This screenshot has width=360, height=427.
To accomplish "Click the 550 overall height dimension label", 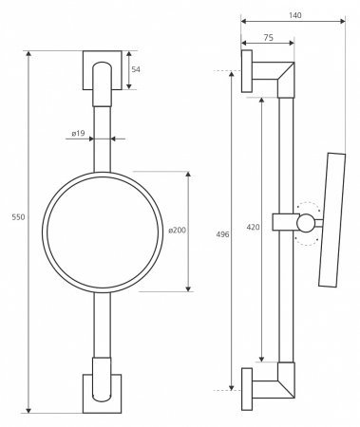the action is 18,217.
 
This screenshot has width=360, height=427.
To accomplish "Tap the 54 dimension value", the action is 136,69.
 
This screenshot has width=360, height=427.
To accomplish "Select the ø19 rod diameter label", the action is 78,134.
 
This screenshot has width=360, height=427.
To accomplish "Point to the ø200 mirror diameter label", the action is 178,231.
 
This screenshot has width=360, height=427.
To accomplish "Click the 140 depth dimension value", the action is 295,15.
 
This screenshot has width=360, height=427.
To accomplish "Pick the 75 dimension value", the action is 268,38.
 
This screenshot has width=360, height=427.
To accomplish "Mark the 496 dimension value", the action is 222,234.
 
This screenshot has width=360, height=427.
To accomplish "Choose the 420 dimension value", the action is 253,227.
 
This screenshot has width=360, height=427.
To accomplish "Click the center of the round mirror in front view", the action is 103,232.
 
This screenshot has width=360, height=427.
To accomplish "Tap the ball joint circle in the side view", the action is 306,223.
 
